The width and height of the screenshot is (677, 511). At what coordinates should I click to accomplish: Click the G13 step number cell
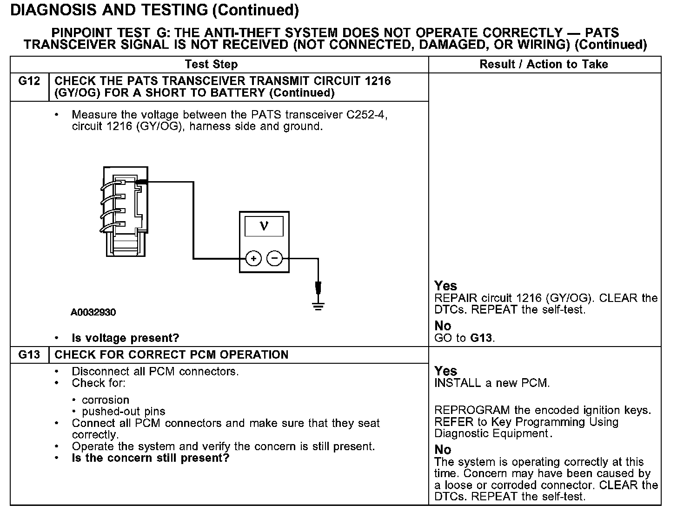coord(29,355)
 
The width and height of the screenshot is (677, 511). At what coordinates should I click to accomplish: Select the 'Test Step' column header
coord(211,65)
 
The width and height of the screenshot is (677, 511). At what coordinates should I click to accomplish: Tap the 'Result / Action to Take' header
coord(544,65)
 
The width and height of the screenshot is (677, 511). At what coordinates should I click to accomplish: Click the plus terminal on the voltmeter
coord(253,258)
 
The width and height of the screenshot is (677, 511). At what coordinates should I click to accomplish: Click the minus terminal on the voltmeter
coord(275,258)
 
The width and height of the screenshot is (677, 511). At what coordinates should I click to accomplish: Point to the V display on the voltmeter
coord(264,226)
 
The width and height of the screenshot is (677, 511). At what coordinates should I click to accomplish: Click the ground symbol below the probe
coord(318,307)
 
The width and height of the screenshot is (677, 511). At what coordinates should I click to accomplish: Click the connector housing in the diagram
coord(125,211)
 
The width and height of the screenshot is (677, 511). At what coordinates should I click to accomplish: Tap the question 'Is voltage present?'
coord(125,338)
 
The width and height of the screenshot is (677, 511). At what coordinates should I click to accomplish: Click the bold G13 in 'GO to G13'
coord(481,338)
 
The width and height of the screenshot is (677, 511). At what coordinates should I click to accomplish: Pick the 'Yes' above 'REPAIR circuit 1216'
coord(445,286)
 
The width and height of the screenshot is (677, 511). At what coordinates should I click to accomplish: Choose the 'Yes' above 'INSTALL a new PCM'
coord(445,371)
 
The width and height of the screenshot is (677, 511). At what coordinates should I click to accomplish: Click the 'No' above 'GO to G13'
coord(443,326)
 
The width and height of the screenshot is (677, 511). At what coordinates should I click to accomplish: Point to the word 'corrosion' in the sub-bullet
coord(106,400)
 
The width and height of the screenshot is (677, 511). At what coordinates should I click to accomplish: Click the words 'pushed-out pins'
coord(124,412)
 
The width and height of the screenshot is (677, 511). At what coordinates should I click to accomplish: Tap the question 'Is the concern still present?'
coord(151,459)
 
